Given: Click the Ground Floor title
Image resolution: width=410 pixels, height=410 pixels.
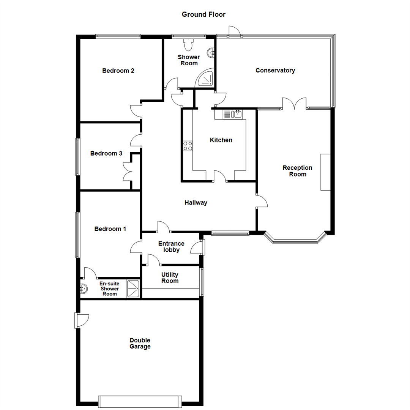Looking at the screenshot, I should coord(203,14).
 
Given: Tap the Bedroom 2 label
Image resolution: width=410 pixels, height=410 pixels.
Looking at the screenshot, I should coord(118,71).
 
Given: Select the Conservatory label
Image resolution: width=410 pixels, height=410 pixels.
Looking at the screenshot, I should coord(275,70).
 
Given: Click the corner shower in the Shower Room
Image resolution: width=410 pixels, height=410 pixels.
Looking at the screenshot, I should coord(205,78).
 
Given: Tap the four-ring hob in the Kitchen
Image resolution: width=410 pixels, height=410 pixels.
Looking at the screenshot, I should coord(188,146).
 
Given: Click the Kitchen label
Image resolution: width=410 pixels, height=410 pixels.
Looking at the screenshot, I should coord(221,140).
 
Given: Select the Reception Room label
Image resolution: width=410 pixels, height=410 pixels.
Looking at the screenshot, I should coord(298,171).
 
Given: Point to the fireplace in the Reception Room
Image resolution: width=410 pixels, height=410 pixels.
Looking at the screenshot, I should coord(325,172).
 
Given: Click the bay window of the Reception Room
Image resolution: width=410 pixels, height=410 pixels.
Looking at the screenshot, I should coord(295,238).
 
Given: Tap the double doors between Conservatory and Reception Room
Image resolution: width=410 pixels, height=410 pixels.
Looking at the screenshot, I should coord(294,104).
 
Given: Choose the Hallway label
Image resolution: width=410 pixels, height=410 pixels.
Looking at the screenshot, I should coord(196,203).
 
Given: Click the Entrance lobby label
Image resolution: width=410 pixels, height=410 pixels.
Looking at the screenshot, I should coord(171,247).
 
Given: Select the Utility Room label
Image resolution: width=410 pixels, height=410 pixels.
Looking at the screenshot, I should coord(170,278).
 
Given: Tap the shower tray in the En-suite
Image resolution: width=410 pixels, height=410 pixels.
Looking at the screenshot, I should coord(133,289).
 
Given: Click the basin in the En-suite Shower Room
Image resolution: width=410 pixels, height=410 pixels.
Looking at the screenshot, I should coord(84,289).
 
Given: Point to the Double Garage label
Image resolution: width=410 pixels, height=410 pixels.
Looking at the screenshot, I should coord(140,343).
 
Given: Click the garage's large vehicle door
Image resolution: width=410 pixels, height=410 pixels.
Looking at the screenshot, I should coord(140,401).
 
